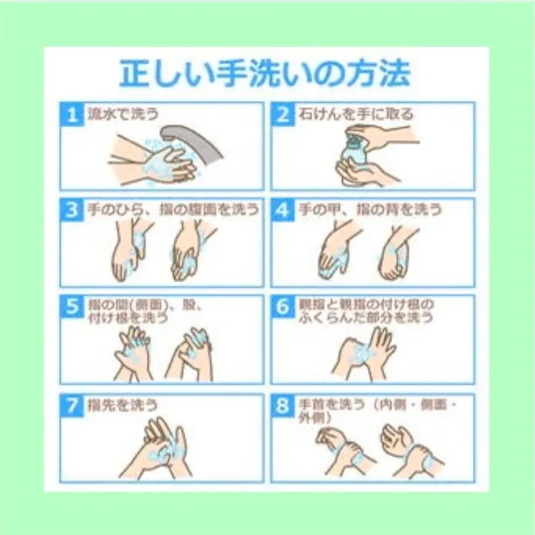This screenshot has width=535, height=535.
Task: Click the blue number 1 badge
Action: [72, 114]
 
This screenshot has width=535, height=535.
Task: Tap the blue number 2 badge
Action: [283, 114]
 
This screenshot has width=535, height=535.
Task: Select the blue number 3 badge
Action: [72, 211]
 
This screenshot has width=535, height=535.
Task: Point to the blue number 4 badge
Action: [283, 211]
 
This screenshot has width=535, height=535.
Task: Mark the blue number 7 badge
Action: [72, 406]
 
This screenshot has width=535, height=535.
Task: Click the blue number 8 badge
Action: [283, 406]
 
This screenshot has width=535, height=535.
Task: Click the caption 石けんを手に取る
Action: [356, 113]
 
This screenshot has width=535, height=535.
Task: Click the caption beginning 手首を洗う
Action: [377, 411]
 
